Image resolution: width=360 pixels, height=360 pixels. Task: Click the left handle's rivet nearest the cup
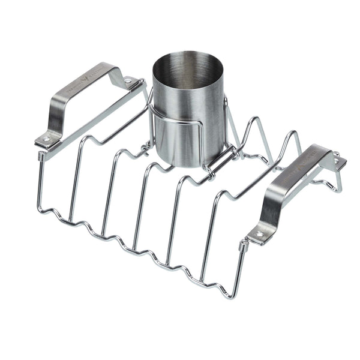click(x=128, y=79)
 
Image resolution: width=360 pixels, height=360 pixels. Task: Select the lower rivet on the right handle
click(x=259, y=233)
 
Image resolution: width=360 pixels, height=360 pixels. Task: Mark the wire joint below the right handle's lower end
click(x=243, y=246)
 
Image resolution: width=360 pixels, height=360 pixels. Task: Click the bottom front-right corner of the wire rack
click(x=227, y=294)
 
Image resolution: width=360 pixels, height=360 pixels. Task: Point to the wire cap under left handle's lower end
click(x=41, y=155)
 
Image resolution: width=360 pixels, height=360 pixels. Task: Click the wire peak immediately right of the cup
click(x=253, y=120)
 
